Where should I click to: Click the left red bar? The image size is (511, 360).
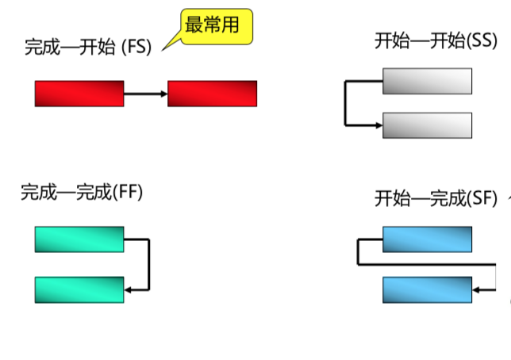79,94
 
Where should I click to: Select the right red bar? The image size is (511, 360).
213,94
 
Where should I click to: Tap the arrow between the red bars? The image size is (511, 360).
146,94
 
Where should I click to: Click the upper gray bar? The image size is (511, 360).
427,81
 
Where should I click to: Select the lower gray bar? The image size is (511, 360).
427,125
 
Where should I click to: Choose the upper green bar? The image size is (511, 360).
79,239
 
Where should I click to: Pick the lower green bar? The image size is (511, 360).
79,289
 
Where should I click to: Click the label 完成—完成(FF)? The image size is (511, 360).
82,192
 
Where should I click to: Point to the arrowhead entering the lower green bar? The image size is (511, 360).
129,289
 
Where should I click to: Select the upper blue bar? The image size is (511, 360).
427,239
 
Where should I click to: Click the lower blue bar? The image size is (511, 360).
427,289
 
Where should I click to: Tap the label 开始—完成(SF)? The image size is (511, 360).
436,198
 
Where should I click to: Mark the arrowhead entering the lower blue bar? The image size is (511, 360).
477,289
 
